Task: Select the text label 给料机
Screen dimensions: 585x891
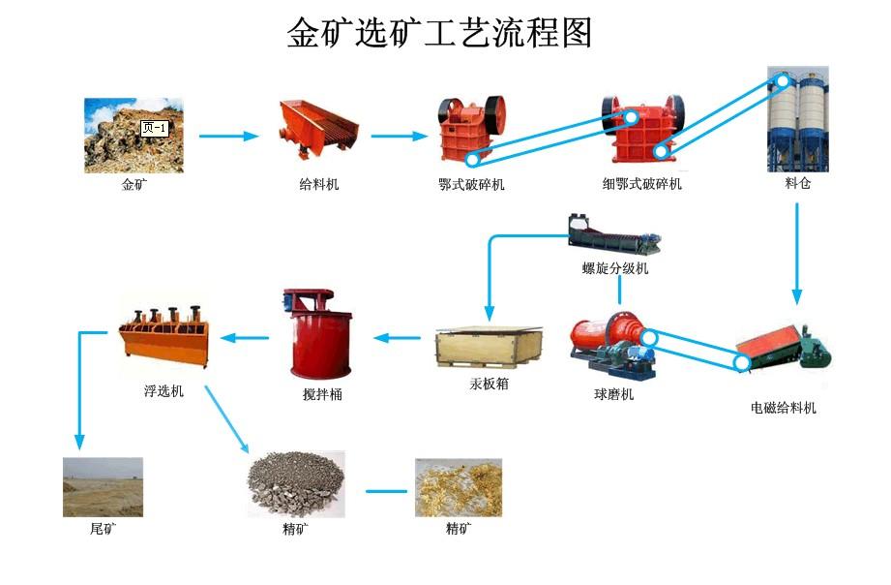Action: pyautogui.click(x=319, y=183)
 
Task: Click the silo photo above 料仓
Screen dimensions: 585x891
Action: pyautogui.click(x=797, y=117)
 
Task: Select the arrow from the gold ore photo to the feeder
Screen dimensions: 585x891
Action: pyautogui.click(x=228, y=137)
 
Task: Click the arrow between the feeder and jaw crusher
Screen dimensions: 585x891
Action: pyautogui.click(x=399, y=137)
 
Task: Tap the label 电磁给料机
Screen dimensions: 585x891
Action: pyautogui.click(x=784, y=408)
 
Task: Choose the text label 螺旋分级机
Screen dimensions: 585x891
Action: pyautogui.click(x=615, y=268)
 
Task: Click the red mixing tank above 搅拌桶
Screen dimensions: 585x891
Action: pyautogui.click(x=321, y=334)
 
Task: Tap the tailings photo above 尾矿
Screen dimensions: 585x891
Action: pyautogui.click(x=103, y=487)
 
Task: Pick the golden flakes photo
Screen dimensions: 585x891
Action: pyautogui.click(x=459, y=487)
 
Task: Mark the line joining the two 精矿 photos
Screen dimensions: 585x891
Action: pyautogui.click(x=386, y=491)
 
